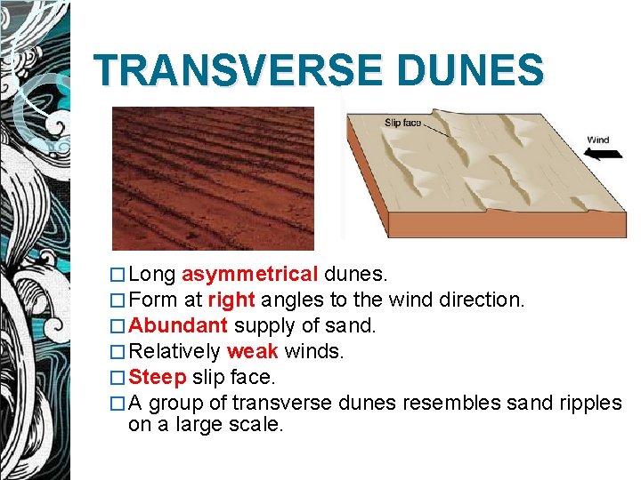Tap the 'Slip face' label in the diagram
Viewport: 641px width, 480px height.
tap(402, 123)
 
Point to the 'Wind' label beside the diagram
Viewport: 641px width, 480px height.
tap(597, 140)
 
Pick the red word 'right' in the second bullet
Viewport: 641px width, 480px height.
tap(231, 300)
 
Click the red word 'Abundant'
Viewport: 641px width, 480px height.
tap(178, 325)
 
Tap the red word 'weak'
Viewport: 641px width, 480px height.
tap(252, 351)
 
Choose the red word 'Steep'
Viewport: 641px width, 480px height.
tap(158, 377)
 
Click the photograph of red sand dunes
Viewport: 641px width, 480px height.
tap(213, 178)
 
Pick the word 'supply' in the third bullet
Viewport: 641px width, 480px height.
tap(262, 325)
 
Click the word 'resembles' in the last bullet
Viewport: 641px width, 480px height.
tap(444, 403)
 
